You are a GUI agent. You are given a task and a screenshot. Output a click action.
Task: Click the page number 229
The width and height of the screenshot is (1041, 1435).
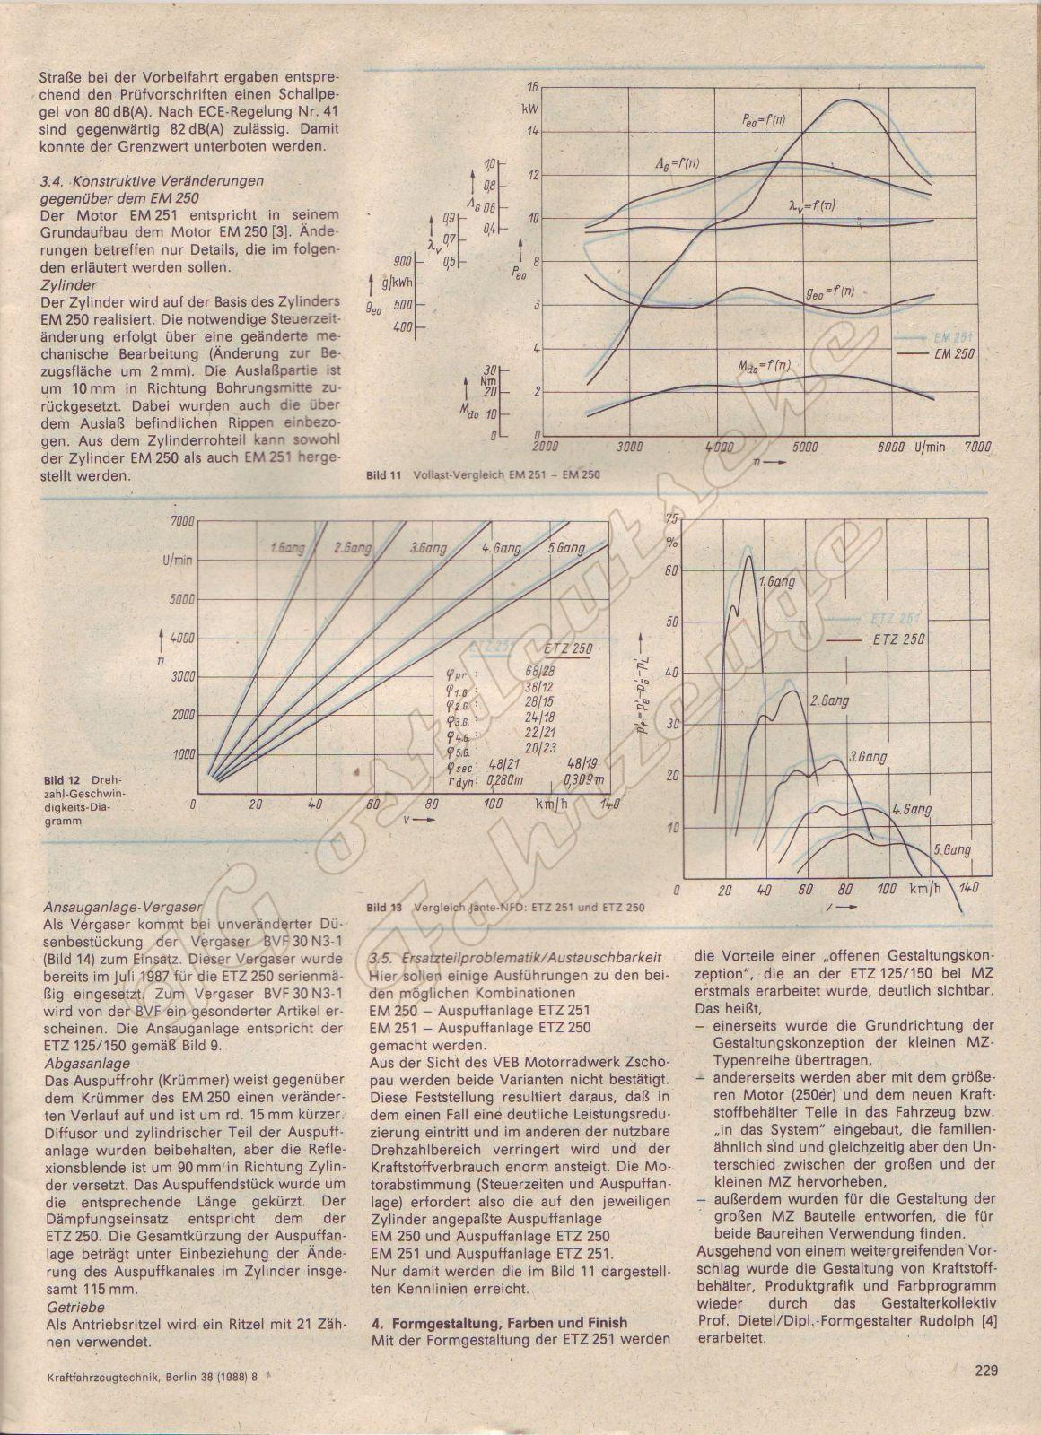click(986, 1395)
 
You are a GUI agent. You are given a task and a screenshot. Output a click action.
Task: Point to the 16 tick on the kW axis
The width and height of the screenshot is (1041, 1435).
click(532, 87)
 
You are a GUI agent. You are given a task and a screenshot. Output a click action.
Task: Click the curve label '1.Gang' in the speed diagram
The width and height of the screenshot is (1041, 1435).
click(287, 546)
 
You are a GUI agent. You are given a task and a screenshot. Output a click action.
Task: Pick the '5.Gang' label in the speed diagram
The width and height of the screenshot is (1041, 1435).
click(564, 548)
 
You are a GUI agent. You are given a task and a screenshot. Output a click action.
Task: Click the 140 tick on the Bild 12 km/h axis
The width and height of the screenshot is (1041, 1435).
click(609, 804)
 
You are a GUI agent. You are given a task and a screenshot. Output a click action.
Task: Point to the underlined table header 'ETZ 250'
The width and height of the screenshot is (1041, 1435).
click(567, 649)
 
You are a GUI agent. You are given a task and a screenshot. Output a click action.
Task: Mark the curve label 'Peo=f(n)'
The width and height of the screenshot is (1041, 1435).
click(750, 119)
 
